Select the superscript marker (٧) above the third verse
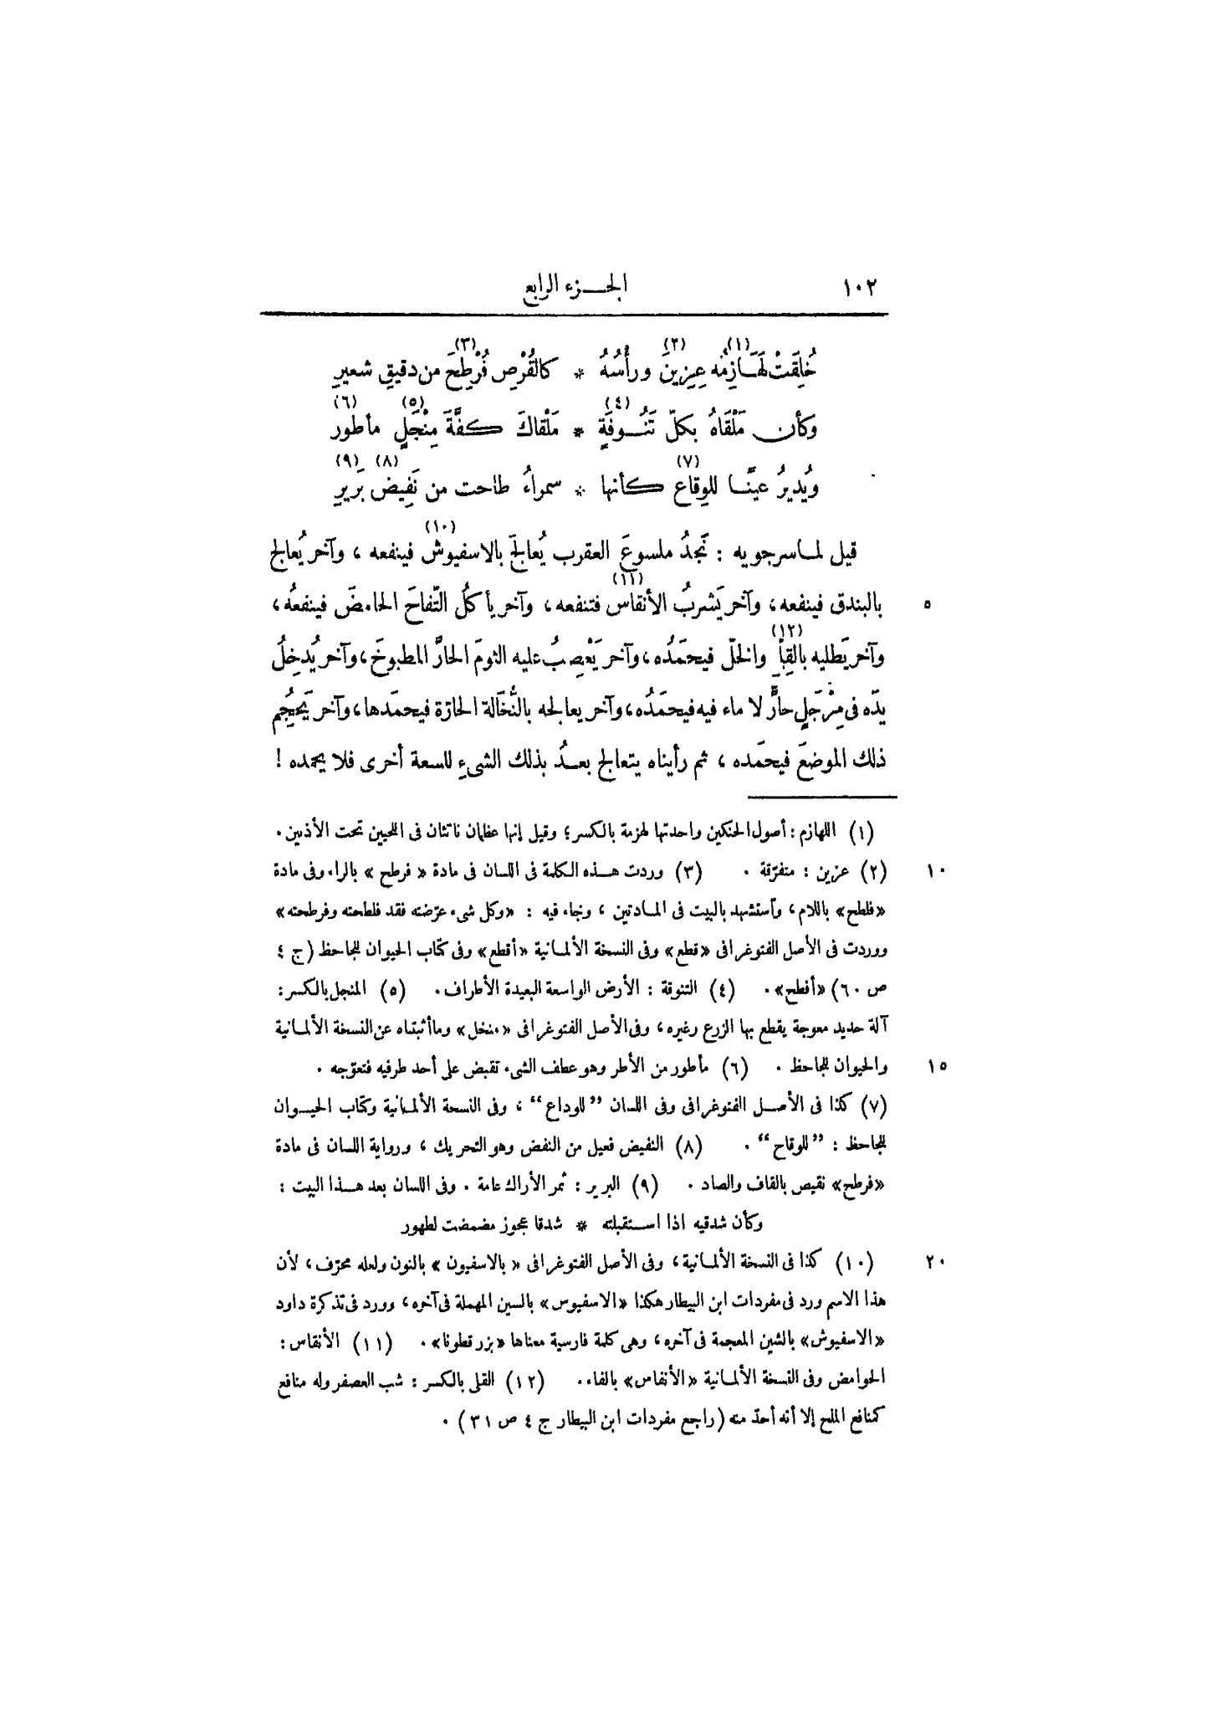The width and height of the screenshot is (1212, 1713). pyautogui.click(x=685, y=460)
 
